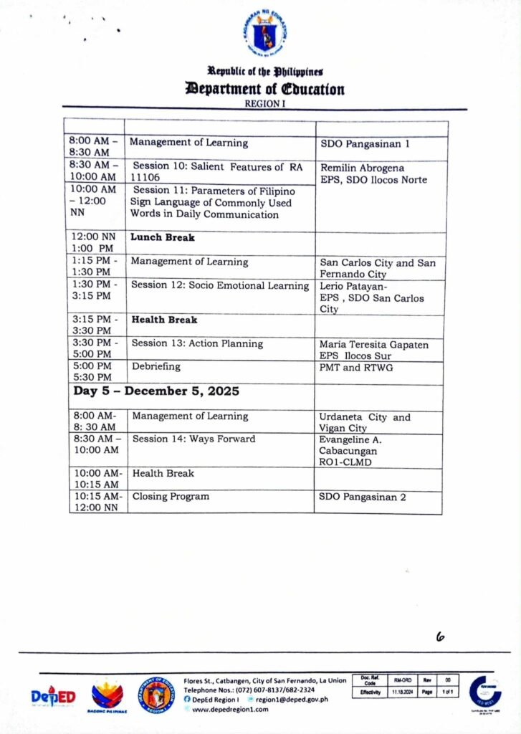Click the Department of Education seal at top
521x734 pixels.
(x=264, y=35)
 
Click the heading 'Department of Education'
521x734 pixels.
(x=264, y=89)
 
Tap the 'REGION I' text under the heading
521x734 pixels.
(x=264, y=103)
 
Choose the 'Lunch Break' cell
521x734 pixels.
(x=163, y=237)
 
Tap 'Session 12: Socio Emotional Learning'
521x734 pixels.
(x=220, y=285)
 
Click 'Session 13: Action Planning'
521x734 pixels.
(x=197, y=343)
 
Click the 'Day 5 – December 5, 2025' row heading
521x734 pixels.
(x=156, y=391)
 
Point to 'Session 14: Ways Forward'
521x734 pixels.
(x=193, y=439)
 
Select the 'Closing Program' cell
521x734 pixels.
(x=171, y=496)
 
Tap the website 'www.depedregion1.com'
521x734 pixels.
(x=229, y=709)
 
